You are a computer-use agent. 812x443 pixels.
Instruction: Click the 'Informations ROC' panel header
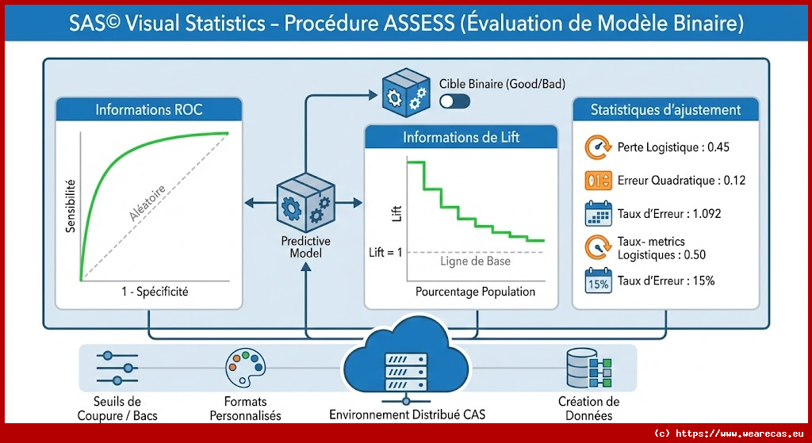coord(149,109)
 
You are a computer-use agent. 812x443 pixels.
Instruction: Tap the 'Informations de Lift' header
coord(461,137)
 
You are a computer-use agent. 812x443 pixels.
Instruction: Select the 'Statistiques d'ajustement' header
coord(665,110)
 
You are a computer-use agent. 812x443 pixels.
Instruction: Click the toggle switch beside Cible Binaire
coord(454,101)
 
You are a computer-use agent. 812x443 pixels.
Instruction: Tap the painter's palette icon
coord(244,365)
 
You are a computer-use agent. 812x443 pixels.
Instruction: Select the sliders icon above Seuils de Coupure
coord(116,367)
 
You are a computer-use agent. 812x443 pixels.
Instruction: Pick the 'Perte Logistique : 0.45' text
coord(673,147)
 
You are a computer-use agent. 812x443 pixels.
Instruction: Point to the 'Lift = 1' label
coord(386,252)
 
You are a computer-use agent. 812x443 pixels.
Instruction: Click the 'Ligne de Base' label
coord(475,262)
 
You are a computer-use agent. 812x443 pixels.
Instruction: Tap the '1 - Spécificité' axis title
coord(151,292)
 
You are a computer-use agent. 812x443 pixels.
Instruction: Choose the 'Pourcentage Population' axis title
coord(475,292)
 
